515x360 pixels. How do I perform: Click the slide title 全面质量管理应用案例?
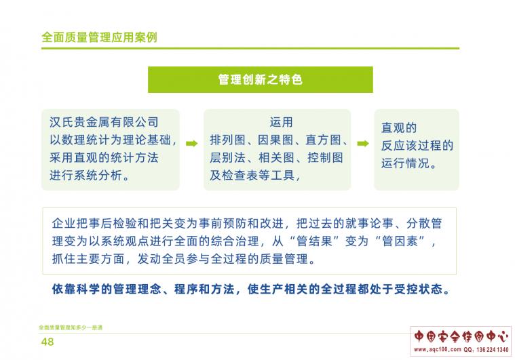coord(99,37)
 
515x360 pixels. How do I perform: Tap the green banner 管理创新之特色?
coord(261,80)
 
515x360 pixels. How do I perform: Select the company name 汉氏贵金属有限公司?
coord(104,122)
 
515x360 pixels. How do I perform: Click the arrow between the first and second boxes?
coord(192,144)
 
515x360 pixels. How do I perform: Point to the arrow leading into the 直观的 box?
coord(363,144)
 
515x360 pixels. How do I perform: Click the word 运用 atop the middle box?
coord(281,122)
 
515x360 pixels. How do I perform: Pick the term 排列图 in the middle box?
coord(227,140)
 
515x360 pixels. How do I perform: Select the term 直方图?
coord(323,140)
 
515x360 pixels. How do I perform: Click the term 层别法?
coord(227,158)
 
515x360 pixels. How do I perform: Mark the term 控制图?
coord(325,158)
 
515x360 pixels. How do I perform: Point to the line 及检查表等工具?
coord(252,176)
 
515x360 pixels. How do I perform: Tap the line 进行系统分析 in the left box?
coord(86,175)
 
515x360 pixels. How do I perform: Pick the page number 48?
coord(47,342)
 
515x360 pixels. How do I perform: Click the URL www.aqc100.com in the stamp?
coord(438,350)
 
